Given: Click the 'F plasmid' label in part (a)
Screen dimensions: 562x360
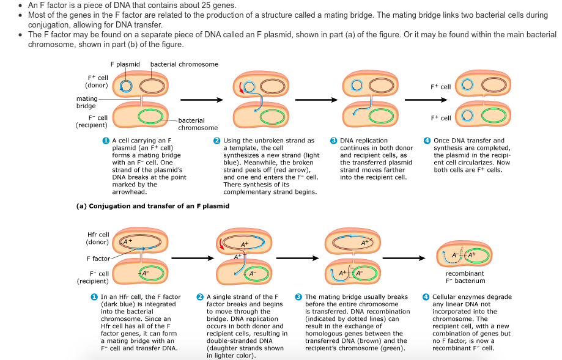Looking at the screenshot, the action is (125, 64).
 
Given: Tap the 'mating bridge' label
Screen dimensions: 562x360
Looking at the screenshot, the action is (87, 102).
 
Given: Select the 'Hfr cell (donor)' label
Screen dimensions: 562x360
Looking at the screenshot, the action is (97, 238).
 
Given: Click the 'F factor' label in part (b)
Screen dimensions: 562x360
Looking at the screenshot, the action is (98, 259).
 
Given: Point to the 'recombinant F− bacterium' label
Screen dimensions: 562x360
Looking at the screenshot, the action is (465, 277).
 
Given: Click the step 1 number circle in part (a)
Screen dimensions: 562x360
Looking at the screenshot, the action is (106, 141).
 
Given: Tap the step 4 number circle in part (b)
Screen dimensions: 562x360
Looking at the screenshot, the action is (426, 297).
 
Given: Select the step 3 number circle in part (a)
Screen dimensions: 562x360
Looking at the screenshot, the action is (334, 141).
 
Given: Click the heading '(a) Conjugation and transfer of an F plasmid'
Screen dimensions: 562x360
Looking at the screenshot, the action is (153, 206).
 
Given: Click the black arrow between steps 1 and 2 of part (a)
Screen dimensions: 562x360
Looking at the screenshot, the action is (202, 100).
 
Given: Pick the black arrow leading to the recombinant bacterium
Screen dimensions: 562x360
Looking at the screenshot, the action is (404, 259).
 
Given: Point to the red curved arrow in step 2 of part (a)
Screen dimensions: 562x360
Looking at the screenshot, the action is (240, 88).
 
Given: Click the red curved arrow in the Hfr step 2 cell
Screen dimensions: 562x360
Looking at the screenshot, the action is (220, 244).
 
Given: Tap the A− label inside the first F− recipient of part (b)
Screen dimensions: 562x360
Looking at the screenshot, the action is (146, 273).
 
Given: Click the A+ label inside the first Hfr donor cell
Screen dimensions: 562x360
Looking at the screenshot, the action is (128, 241).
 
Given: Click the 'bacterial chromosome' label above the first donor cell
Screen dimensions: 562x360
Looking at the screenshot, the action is (184, 64).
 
